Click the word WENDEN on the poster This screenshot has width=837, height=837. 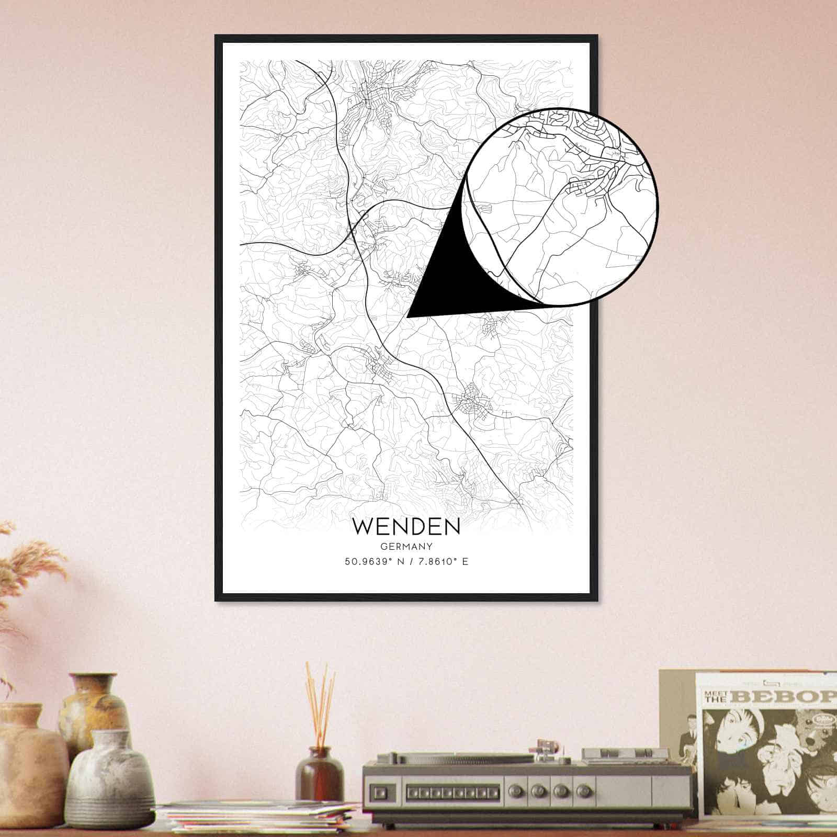(x=406, y=527)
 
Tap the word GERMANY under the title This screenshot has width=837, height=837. (x=406, y=547)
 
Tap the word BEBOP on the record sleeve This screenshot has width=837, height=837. (x=785, y=697)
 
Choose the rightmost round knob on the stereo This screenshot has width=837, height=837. (x=584, y=790)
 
